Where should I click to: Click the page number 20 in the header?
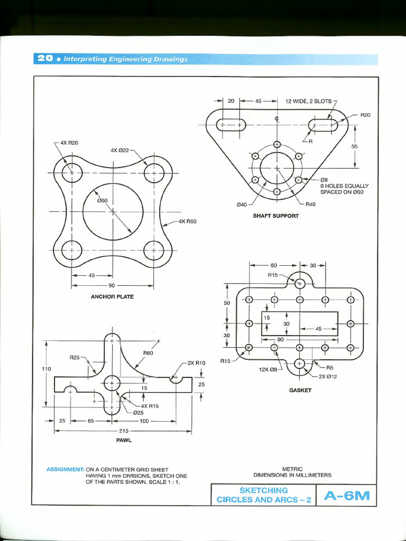(45, 59)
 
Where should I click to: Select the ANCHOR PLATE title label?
(112, 297)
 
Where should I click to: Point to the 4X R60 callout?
(188, 221)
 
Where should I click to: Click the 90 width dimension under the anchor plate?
(112, 286)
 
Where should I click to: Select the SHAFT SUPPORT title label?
(276, 216)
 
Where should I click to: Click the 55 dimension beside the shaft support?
(354, 146)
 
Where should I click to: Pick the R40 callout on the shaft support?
(310, 204)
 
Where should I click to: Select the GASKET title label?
(300, 390)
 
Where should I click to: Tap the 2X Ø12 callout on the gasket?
(328, 376)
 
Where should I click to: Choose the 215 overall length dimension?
(123, 431)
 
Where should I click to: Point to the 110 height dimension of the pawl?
(47, 369)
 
